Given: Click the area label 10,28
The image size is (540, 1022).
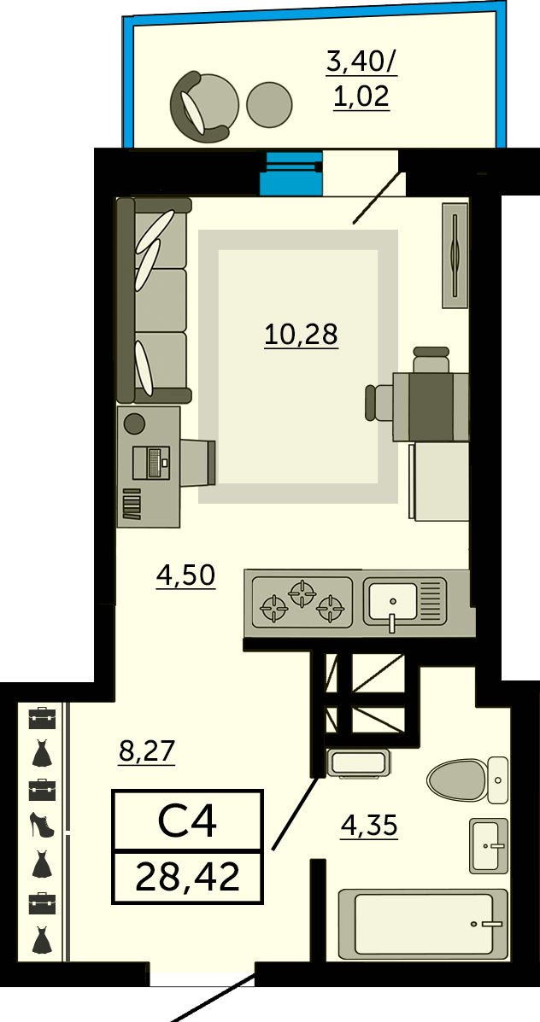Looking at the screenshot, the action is click(301, 335).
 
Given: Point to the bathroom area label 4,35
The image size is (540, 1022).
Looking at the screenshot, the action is click(369, 826).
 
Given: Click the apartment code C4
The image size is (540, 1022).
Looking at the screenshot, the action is click(187, 821).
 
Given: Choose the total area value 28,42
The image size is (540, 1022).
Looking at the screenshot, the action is click(188, 877).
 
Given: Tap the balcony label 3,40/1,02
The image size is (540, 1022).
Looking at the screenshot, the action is click(361, 79).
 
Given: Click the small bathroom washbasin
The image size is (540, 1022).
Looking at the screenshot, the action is click(489, 845).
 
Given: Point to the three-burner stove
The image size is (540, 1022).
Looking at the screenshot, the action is click(302, 602).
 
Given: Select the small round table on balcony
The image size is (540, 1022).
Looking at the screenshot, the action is click(269, 104).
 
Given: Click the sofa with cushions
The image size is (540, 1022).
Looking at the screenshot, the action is click(153, 299).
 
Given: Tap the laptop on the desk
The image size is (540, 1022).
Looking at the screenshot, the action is click(150, 463).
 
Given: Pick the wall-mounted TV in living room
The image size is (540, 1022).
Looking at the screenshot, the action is click(455, 254).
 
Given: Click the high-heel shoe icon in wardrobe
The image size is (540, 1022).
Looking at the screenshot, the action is click(40, 825).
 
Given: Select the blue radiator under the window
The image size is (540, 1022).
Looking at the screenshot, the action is click(291, 174).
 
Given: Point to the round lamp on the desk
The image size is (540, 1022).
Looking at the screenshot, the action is click(134, 423).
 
